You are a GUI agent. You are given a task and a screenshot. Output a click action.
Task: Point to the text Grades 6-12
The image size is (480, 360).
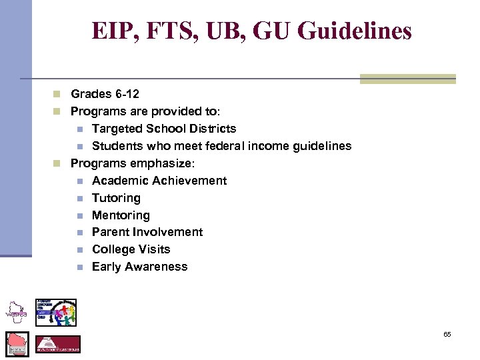105,94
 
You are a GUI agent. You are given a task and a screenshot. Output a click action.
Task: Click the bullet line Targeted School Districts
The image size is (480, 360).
164,129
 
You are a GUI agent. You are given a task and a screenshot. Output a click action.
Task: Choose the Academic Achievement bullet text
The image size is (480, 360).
159,181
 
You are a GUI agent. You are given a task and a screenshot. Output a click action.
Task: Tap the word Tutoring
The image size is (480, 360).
116,198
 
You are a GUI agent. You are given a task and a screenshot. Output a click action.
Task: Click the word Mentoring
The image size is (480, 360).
121,215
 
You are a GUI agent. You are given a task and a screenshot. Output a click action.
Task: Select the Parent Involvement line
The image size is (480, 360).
147,232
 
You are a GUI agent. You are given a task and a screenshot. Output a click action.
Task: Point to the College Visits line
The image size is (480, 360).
131,249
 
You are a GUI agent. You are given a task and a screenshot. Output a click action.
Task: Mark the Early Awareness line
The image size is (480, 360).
140,267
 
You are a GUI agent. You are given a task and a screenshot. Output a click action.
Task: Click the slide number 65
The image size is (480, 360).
447,334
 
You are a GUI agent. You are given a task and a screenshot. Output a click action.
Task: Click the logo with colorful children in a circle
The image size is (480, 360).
56,312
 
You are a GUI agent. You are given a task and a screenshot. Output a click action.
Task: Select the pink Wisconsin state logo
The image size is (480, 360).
17,343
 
